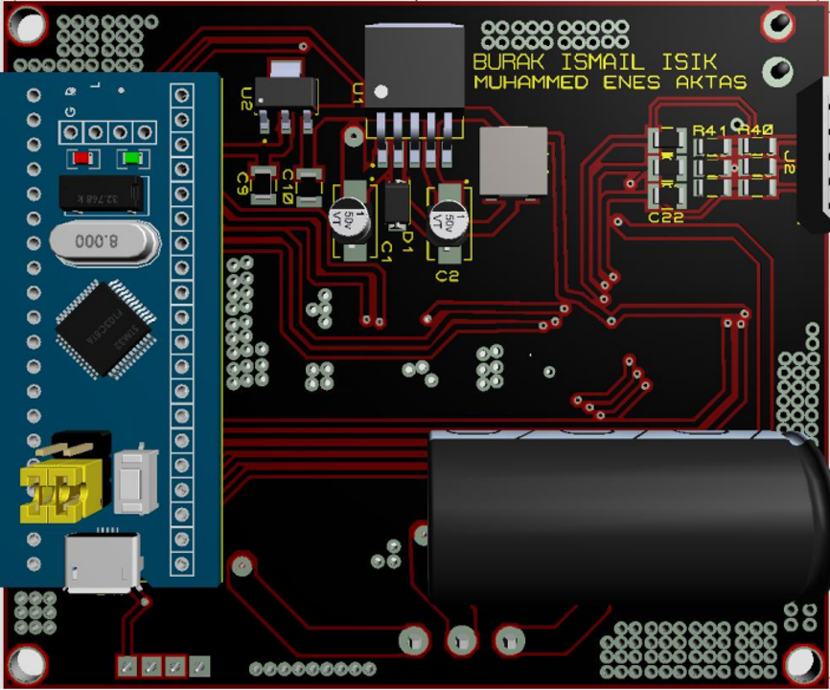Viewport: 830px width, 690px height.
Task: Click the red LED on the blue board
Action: coord(82,158)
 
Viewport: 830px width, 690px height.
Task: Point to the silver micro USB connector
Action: coord(102,563)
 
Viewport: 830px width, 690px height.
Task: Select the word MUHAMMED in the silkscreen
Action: coord(534,82)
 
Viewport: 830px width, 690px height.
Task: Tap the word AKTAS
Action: coord(711,82)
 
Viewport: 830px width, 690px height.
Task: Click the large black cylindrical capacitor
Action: coord(623,517)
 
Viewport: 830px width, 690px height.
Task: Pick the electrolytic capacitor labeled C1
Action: coord(353,218)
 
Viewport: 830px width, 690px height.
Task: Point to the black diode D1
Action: coord(397,204)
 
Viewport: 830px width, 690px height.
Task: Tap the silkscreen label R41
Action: coord(710,129)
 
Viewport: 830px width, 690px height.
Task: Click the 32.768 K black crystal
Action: coord(101,195)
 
